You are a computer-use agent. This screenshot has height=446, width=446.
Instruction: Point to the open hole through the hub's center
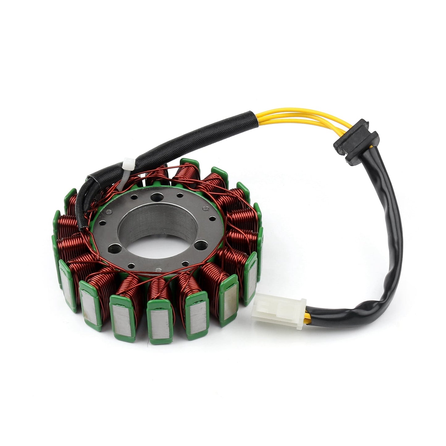point(157,244)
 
